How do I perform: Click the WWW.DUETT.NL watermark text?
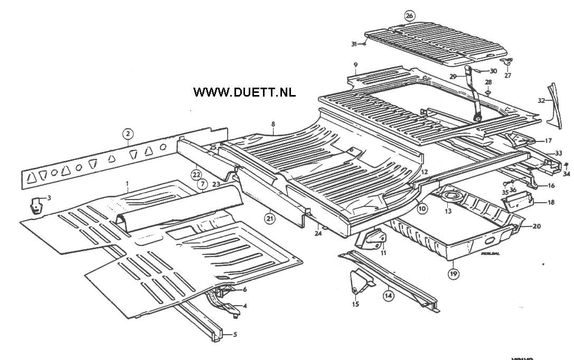(244, 92)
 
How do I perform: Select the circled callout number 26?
(410, 15)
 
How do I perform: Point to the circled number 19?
(453, 273)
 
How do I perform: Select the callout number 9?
(356, 65)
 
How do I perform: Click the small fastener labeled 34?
(567, 165)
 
